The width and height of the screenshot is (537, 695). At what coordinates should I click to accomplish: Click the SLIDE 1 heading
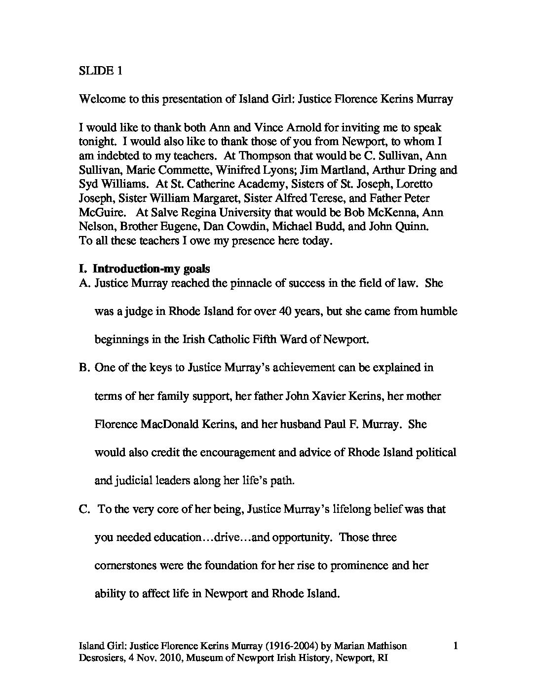[101, 71]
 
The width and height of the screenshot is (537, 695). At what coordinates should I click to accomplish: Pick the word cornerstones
[125, 565]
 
